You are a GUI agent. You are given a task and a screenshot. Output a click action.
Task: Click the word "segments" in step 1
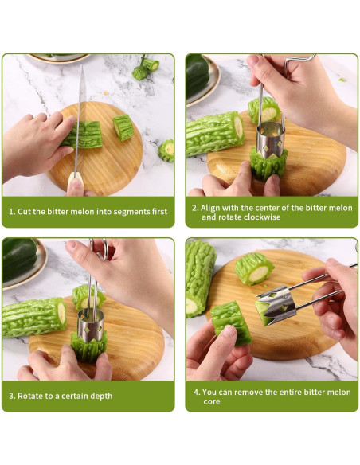pos(130,212)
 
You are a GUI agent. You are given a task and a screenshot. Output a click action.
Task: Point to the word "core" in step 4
pos(211,402)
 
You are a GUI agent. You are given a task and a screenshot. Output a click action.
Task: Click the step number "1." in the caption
pos(12,212)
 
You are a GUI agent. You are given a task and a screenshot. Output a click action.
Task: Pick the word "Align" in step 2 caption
pos(210,208)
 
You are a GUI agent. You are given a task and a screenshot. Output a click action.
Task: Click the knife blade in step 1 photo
pos(80,119)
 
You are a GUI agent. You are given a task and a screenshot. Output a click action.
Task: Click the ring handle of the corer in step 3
pos(100,249)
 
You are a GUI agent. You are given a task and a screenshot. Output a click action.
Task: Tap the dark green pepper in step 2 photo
pos(197,75)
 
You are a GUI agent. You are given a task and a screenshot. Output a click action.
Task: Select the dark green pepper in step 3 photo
pos(18,259)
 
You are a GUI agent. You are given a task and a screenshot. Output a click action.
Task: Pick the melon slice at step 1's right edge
pos(166,150)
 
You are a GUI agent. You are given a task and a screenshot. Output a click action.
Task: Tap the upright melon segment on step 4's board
pos(254,268)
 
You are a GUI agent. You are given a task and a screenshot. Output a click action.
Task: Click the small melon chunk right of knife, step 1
pos(123,127)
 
